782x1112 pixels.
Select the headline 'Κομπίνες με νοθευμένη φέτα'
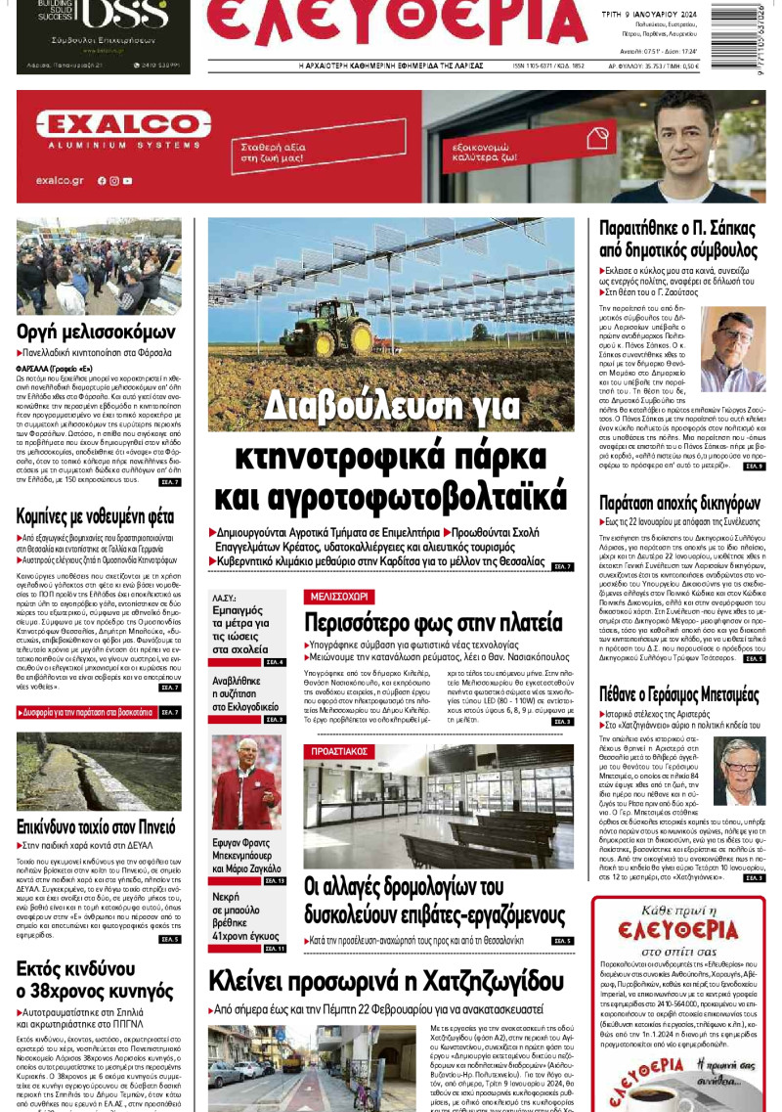(x=95, y=515)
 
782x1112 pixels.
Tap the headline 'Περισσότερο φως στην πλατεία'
(x=433, y=623)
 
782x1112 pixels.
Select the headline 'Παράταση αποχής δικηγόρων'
(x=679, y=504)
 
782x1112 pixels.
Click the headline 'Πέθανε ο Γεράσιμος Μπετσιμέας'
(x=679, y=695)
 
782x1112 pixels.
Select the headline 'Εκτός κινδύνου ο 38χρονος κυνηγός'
(x=86, y=981)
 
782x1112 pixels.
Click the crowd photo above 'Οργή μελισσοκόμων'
(x=99, y=265)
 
